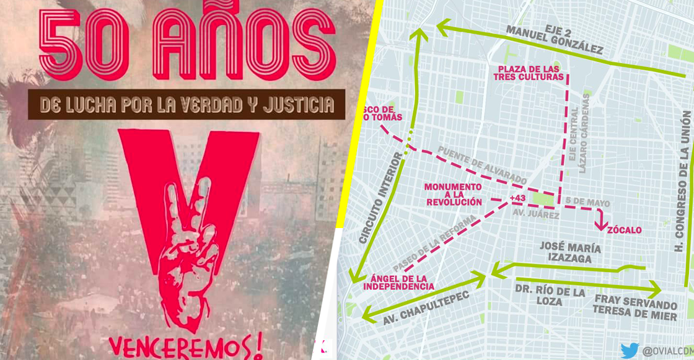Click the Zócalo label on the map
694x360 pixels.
tap(624, 230)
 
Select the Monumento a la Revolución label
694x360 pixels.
tap(453, 194)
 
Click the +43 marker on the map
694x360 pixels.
tap(517, 198)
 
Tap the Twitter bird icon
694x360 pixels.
tap(630, 350)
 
